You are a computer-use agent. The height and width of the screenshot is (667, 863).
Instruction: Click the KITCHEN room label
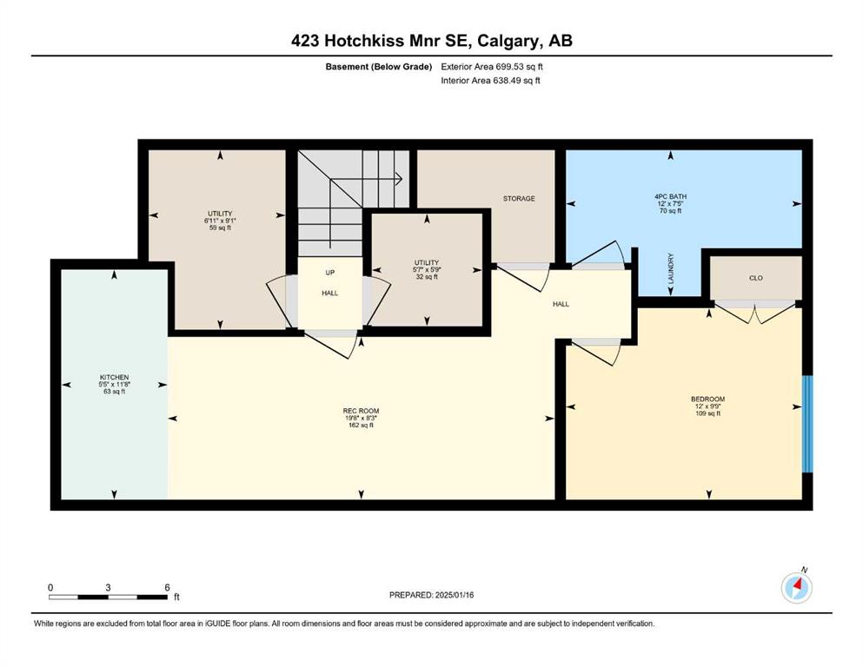point(115,377)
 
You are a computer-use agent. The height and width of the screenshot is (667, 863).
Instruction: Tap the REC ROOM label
point(361,411)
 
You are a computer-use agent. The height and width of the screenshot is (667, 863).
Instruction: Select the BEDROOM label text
point(707,400)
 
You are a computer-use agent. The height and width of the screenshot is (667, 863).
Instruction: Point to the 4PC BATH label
point(670,196)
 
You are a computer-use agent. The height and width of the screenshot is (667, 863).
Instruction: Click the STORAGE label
point(519,199)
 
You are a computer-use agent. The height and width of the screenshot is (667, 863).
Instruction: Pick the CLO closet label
point(756,278)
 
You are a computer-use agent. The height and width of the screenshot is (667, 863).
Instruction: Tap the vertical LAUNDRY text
point(670,268)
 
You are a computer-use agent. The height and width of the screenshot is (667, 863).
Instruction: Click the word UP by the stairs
point(329,273)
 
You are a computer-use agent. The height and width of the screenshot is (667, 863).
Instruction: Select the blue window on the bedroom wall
point(807,424)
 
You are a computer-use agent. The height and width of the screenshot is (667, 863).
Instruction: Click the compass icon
point(796,588)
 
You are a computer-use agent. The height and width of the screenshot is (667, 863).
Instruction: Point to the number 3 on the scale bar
point(108,587)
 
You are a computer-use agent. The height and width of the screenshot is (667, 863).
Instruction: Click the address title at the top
point(431,41)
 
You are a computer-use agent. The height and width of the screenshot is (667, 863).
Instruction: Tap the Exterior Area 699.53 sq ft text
point(492,67)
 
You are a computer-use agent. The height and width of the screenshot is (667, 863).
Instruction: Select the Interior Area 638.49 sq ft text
point(490,80)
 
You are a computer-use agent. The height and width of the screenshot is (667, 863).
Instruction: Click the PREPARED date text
point(431,595)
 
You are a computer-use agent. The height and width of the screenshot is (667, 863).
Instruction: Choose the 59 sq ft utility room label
point(220,228)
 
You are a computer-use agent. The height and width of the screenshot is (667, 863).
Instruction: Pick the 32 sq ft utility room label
point(427,277)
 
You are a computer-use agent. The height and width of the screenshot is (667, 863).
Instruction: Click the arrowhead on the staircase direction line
point(399,179)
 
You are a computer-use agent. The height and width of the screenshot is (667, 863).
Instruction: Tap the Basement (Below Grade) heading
point(379,67)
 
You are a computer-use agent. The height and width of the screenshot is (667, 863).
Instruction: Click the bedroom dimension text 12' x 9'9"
point(707,406)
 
